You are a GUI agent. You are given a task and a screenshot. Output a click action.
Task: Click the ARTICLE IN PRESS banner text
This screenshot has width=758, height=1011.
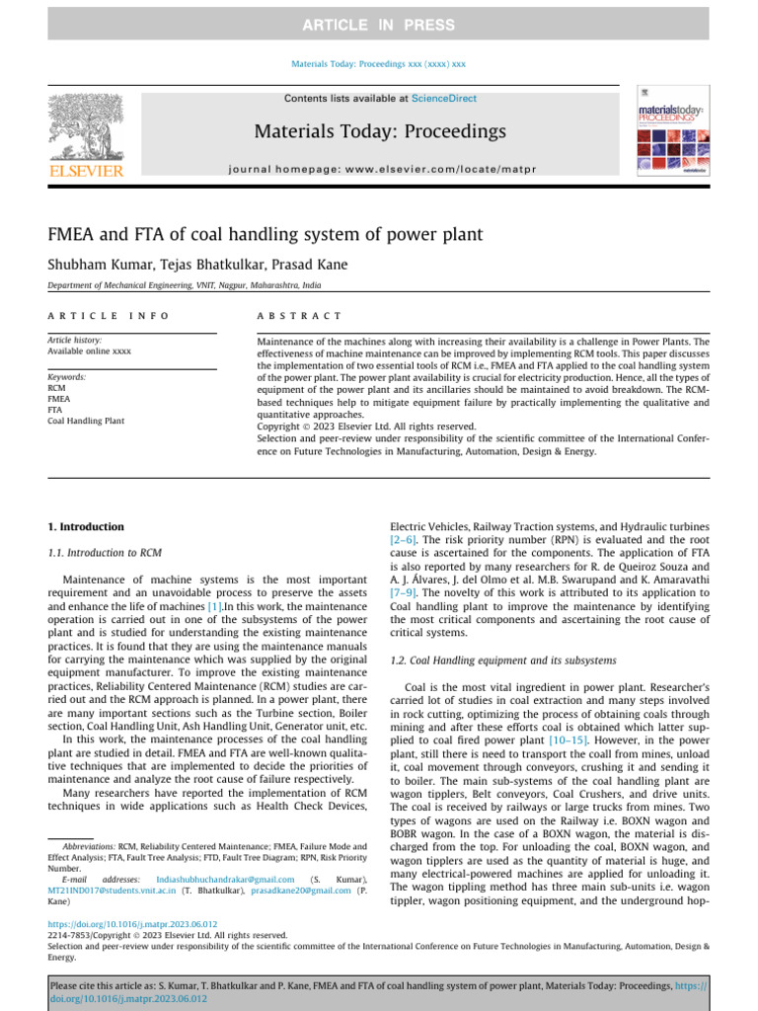click(379, 25)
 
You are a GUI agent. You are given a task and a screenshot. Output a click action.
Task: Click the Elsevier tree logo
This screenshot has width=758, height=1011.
click(86, 132)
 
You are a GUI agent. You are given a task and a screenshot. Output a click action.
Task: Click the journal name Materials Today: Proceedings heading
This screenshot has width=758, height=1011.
click(380, 131)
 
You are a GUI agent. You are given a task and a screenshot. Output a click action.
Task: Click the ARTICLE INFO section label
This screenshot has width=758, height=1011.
click(108, 315)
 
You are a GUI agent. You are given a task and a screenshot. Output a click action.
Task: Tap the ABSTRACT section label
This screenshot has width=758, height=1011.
click(299, 315)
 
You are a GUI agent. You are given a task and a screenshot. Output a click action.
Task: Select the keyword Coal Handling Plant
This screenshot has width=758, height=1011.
click(86, 421)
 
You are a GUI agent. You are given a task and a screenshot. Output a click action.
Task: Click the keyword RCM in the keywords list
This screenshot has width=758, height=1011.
click(57, 388)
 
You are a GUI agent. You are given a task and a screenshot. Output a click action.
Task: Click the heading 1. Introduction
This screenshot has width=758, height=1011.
click(87, 527)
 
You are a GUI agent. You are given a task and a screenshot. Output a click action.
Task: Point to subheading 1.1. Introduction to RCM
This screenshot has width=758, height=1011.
click(105, 553)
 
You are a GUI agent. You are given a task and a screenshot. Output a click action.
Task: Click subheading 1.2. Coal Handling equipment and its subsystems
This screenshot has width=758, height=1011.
click(503, 659)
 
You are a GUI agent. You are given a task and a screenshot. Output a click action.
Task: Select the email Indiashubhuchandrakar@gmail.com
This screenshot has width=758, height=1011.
click(218, 879)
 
